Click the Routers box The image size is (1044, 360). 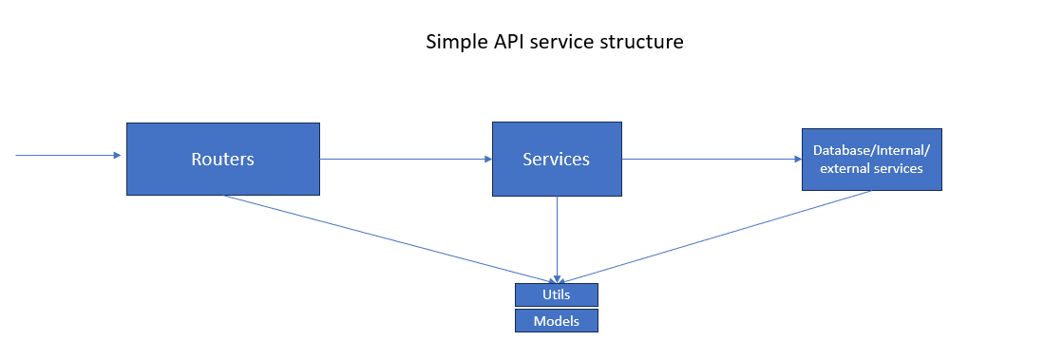(222, 159)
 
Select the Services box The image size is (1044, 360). (557, 159)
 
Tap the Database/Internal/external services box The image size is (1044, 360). (871, 160)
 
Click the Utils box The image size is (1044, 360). (557, 294)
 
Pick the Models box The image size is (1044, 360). (557, 321)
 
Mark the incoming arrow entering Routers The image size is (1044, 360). (66, 155)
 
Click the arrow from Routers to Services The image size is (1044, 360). (404, 160)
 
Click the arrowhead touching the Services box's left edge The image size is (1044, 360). (486, 160)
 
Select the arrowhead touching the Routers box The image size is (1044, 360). (121, 155)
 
